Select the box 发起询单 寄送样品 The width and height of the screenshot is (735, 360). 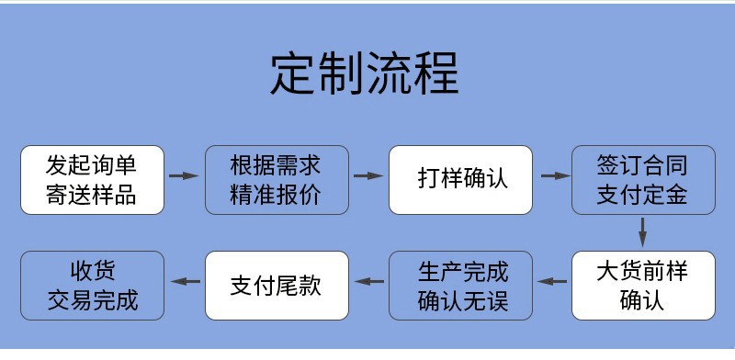[92, 180]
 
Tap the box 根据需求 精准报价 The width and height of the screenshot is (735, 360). [276, 180]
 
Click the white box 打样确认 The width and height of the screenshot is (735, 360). [460, 180]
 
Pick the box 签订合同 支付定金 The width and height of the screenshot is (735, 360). [643, 180]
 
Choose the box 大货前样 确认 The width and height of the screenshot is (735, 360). [643, 287]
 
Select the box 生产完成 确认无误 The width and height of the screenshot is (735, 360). [460, 287]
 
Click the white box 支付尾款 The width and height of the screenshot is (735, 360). [276, 285]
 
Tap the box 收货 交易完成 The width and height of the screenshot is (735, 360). [92, 287]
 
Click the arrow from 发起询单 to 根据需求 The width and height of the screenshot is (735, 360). [184, 175]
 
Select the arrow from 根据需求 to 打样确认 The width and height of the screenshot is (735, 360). [367, 175]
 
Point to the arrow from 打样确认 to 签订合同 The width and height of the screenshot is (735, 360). [552, 175]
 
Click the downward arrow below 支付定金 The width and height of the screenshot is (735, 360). [643, 229]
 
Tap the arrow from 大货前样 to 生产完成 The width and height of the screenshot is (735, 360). [552, 282]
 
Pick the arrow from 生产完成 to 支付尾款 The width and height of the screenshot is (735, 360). [369, 282]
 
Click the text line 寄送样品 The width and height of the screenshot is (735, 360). [92, 195]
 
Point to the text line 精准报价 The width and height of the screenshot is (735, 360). [276, 195]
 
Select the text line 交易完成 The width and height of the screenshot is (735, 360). [92, 300]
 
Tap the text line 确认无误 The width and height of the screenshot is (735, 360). [462, 300]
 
